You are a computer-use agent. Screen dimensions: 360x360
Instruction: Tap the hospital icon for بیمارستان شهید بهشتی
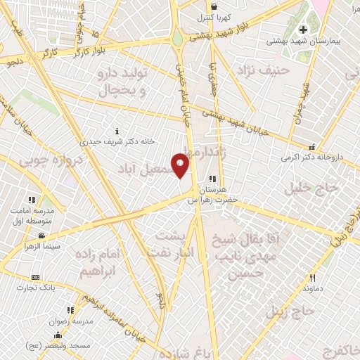[304, 30]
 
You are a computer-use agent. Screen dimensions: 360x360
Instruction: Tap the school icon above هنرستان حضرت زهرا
[213, 179]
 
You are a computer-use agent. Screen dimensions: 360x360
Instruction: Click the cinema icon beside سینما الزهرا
[41, 236]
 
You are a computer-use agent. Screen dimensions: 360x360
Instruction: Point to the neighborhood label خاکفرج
[338, 350]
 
